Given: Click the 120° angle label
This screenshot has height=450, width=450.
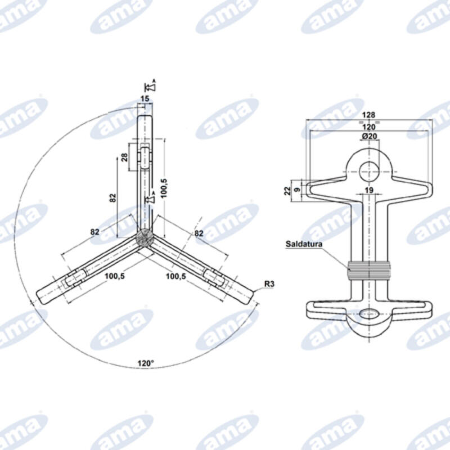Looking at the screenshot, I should [x=145, y=364].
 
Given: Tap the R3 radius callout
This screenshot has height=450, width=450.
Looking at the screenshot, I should [x=268, y=285].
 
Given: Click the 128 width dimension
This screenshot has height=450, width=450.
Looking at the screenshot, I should [x=369, y=114].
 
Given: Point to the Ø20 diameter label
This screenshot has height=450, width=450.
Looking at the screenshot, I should [x=369, y=137].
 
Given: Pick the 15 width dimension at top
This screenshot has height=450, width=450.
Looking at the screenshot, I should [x=145, y=98].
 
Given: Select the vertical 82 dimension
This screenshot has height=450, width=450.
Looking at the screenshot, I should [x=112, y=197].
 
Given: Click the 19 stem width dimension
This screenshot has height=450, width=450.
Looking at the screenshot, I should [x=369, y=190].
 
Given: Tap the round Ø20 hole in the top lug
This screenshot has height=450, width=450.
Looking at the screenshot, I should [x=369, y=167].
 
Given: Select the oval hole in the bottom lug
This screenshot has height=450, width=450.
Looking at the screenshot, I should [x=368, y=313].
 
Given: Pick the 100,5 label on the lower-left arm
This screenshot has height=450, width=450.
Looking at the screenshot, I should [x=115, y=277].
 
